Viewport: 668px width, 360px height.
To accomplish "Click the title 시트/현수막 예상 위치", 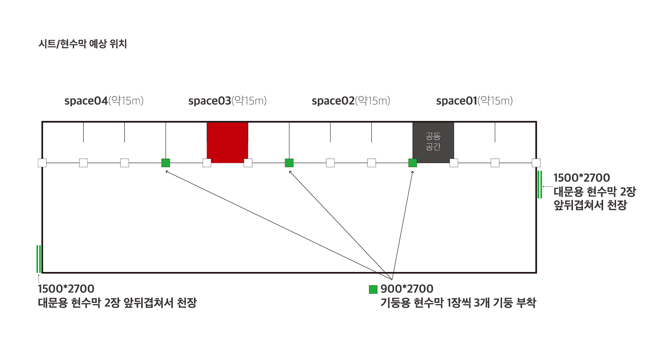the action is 83,44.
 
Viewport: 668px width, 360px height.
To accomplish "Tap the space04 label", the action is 104,101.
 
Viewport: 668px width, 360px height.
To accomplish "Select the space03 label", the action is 227,101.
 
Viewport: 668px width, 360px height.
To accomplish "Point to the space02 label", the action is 351,101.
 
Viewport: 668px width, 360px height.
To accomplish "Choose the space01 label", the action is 474,101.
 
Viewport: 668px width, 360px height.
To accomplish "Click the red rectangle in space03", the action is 227,142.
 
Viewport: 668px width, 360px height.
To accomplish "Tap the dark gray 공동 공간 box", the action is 433,142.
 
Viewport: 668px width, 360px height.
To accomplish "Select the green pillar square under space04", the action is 166,163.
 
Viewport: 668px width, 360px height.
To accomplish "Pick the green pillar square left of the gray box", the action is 413,163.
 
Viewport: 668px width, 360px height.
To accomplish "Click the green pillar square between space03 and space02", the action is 289,163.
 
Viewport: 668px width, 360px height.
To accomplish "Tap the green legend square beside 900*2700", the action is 373,289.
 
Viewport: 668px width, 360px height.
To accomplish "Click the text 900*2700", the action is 407,289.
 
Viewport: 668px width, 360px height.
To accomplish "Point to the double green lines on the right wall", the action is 540,185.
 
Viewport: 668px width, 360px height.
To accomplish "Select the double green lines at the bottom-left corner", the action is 39,259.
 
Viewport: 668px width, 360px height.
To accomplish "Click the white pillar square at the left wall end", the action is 42,163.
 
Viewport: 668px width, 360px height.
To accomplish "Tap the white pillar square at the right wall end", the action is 536,163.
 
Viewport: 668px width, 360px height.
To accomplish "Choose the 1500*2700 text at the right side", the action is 581,178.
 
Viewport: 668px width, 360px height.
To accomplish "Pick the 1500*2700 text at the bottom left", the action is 66,289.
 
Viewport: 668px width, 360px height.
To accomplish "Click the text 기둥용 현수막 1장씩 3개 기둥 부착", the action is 458,303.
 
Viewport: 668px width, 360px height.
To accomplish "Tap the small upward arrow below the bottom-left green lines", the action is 39,278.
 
